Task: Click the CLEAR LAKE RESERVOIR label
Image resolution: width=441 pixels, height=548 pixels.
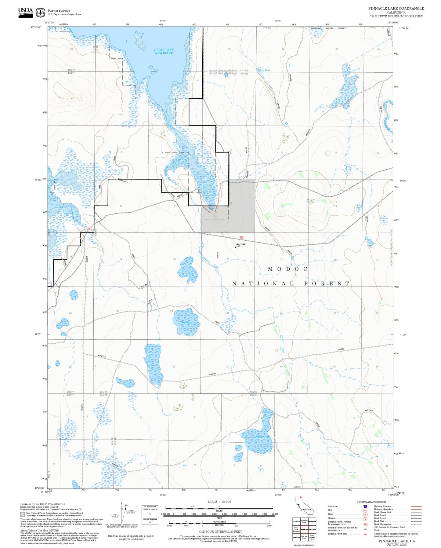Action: pos(164,52)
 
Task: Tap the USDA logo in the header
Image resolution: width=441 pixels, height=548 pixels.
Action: pos(25,12)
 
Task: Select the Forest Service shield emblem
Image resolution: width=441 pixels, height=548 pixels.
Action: pos(40,13)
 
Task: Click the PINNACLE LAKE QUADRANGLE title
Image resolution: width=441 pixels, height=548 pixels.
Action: pos(396,9)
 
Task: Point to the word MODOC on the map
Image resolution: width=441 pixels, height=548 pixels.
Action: pos(288,269)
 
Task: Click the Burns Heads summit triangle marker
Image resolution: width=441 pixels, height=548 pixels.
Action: pos(236,247)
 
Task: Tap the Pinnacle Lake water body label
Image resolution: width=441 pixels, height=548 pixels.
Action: pos(262,437)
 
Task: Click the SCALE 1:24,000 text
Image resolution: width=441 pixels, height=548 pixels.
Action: pos(219,502)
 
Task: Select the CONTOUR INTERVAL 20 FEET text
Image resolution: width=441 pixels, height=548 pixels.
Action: pos(220,532)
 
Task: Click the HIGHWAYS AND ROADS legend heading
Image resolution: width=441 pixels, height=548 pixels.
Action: pos(371,502)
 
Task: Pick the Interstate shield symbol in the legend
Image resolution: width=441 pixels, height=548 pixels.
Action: pos(365,506)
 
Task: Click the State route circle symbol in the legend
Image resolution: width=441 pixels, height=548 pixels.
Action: pos(365,514)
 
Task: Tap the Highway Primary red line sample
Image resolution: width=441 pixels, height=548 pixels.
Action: pos(416,506)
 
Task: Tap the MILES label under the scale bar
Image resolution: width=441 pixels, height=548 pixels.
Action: pos(219,511)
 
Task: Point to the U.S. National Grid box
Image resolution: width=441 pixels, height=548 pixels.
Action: pos(150,515)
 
